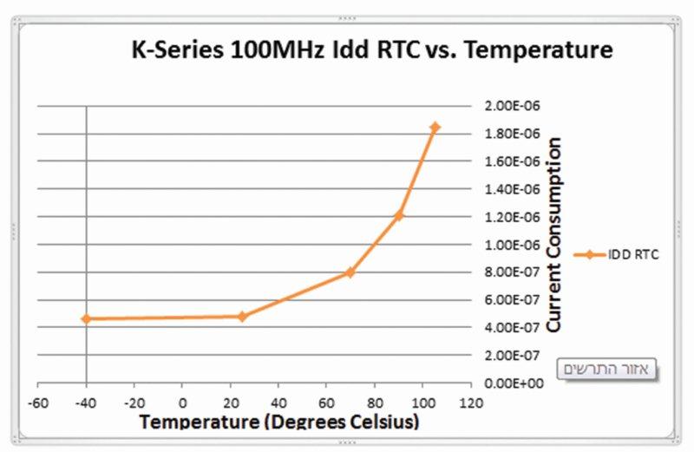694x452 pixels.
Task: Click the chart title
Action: [x=371, y=50]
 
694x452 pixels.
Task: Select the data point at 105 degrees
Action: [x=435, y=128]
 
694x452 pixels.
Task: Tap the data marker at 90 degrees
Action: [x=399, y=215]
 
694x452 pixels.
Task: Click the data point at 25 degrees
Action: [x=242, y=317]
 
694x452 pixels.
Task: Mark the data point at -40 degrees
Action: [x=86, y=319]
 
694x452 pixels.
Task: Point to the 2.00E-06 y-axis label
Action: [x=510, y=106]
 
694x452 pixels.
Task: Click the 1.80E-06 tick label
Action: [x=510, y=134]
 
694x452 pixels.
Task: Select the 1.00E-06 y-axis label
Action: [x=510, y=245]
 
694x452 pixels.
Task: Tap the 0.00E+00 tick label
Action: [x=510, y=383]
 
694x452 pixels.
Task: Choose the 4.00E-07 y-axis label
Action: [x=510, y=327]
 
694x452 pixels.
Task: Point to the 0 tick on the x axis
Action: [x=182, y=403]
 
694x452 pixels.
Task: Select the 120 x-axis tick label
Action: [x=471, y=403]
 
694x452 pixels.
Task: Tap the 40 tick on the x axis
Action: [x=278, y=403]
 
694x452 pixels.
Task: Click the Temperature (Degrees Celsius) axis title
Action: [x=279, y=423]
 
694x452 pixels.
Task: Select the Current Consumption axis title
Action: [x=556, y=235]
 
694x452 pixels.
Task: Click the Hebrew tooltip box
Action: [x=607, y=368]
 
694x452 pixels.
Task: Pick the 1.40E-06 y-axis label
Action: [x=510, y=189]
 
